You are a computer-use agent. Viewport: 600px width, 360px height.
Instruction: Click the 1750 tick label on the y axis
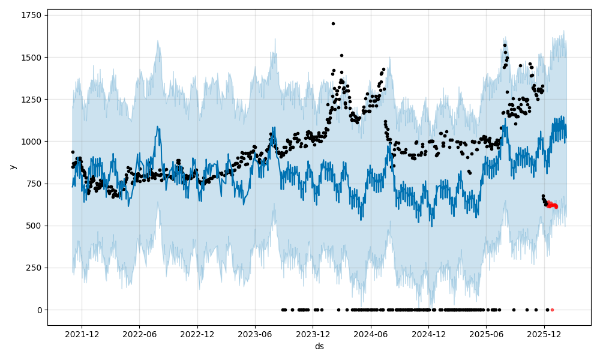pos(31,15)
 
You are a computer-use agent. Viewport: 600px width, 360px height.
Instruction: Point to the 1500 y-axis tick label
pos(31,58)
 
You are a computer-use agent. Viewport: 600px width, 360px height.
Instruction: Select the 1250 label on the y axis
pos(31,100)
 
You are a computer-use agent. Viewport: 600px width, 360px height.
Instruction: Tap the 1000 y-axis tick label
pos(31,142)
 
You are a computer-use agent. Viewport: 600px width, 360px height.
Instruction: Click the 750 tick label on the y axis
pos(34,184)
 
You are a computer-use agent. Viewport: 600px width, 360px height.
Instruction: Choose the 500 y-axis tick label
pos(34,226)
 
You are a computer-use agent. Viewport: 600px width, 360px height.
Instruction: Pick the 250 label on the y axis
pos(34,268)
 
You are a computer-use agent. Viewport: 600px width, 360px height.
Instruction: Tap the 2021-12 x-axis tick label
pos(82,334)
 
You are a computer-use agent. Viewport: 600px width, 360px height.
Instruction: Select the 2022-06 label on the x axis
pos(140,334)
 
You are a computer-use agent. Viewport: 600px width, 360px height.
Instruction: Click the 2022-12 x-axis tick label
pos(197,334)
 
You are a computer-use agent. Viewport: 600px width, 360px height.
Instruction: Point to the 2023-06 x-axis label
pos(255,334)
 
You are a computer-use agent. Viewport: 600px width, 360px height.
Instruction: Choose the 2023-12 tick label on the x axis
pos(313,334)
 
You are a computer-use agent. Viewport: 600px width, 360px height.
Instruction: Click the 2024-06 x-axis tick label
pos(371,334)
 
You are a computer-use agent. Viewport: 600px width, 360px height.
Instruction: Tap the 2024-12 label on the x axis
pos(428,334)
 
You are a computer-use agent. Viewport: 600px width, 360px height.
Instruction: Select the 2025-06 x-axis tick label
pos(486,334)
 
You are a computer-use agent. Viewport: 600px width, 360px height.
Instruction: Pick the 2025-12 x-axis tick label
pos(544,334)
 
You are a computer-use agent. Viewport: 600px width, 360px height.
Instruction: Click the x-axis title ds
pos(319,346)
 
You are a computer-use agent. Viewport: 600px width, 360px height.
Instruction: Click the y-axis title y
pos(13,167)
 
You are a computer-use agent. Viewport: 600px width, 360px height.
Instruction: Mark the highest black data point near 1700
pos(333,23)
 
